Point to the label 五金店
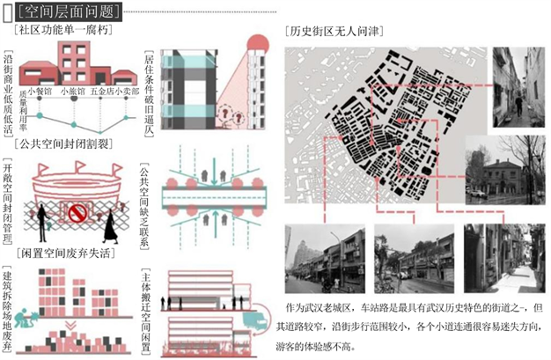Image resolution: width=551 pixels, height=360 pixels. coord(100,91)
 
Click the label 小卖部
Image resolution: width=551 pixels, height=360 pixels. coord(129,91)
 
